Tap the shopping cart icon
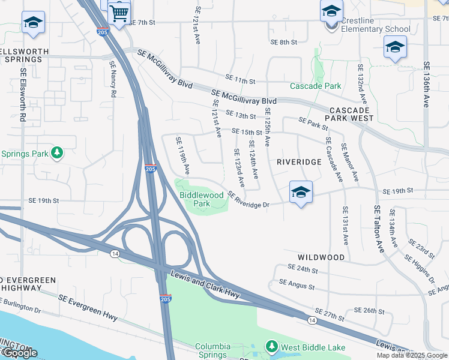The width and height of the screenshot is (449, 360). [x=119, y=12]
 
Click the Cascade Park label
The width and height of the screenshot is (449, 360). [x=315, y=86]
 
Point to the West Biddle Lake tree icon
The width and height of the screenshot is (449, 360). [x=272, y=347]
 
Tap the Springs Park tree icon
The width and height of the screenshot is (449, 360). [x=57, y=153]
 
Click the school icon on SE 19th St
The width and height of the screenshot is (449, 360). [x=301, y=193]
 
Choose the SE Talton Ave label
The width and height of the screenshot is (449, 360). [x=378, y=229]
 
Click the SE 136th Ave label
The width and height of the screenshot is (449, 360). [x=427, y=84]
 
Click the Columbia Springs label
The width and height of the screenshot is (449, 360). [x=212, y=351]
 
